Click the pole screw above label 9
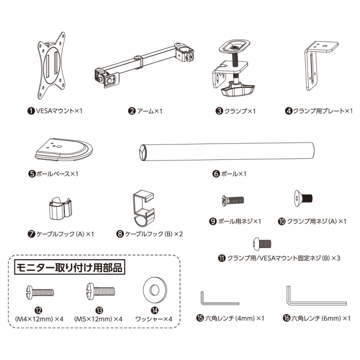pos(233,199)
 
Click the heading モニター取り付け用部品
pos(69,267)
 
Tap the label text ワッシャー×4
pos(155,319)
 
